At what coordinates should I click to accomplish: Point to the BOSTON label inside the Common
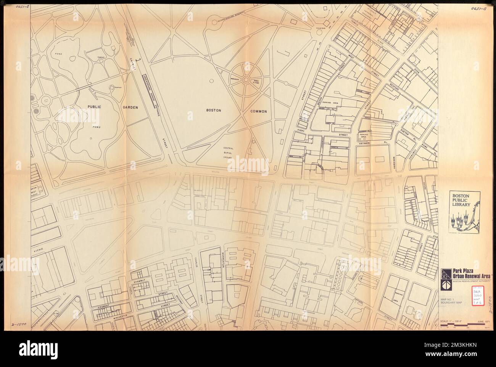[x=214, y=110]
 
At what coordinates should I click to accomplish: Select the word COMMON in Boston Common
[x=258, y=112]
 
